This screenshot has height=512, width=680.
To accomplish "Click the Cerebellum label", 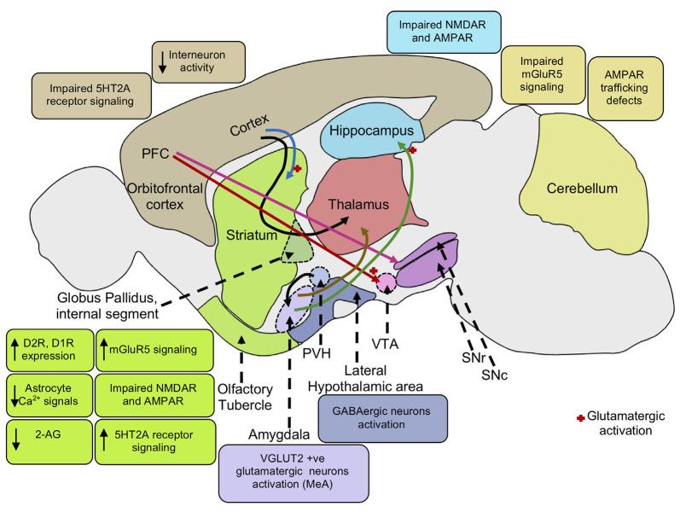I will (x=584, y=188).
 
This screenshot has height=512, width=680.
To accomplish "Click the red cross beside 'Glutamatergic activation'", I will (x=581, y=417).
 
